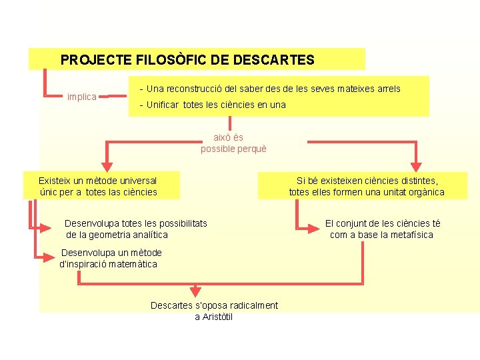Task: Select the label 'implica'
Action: coord(82,97)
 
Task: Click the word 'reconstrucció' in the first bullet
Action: coord(195,89)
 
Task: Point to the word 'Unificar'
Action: coord(163,105)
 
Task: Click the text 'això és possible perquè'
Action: coord(233,143)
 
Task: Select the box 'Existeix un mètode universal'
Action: coord(99,186)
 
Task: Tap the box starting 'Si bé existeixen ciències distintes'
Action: coord(367,186)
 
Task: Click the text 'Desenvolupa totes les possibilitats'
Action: coord(136,223)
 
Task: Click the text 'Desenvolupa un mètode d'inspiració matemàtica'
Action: coord(111,258)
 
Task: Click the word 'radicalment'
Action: coord(253,305)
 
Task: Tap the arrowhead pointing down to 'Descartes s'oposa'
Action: coord(195,291)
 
